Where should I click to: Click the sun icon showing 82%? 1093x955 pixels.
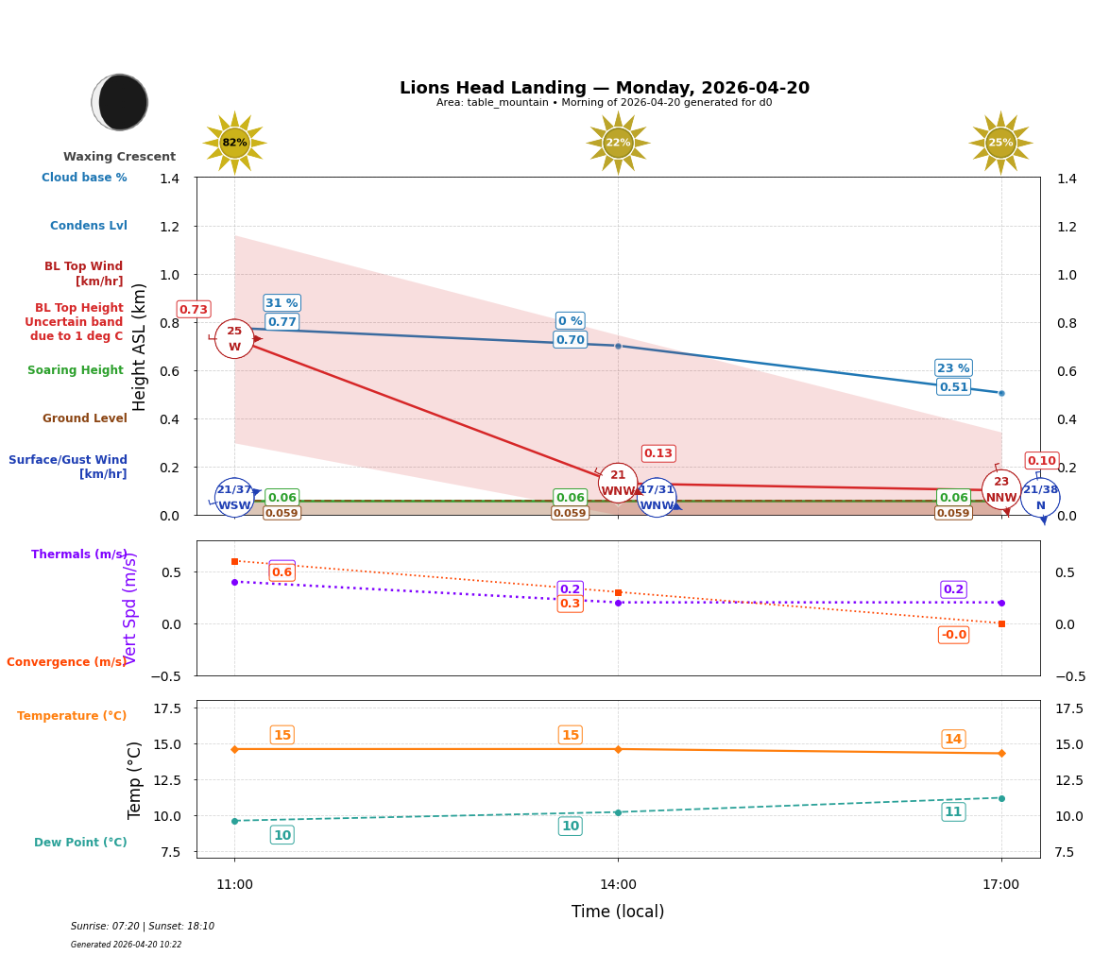click(234, 143)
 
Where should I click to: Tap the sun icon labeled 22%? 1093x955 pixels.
click(618, 143)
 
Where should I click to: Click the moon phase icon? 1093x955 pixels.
click(120, 102)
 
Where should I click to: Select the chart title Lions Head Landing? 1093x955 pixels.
click(604, 88)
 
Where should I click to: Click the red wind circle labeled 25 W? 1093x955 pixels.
click(234, 339)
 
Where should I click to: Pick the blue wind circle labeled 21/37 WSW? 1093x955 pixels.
click(234, 497)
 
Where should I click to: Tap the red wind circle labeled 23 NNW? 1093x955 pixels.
click(1001, 489)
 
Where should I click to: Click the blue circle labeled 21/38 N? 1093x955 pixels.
click(1040, 497)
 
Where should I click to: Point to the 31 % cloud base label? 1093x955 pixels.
click(282, 303)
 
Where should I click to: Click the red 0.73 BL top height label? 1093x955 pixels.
click(194, 310)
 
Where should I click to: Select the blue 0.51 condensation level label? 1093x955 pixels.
click(953, 386)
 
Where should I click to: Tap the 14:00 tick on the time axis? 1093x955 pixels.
click(618, 884)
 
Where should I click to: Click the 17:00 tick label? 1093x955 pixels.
click(1000, 884)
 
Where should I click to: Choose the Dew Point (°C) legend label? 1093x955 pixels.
click(80, 843)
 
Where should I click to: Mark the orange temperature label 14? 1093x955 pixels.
click(953, 740)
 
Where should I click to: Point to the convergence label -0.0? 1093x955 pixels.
click(953, 635)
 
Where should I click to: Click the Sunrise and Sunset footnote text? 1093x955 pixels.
click(143, 927)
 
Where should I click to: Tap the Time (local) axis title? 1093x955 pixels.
click(618, 912)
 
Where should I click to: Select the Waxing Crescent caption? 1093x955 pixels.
click(119, 157)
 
